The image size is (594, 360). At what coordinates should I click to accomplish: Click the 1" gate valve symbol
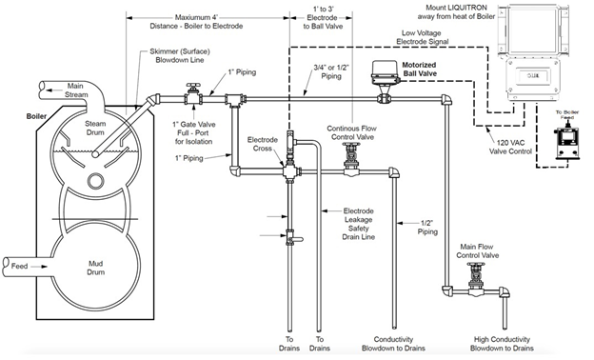(x=191, y=98)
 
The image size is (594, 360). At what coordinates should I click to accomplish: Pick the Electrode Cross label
(x=262, y=146)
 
